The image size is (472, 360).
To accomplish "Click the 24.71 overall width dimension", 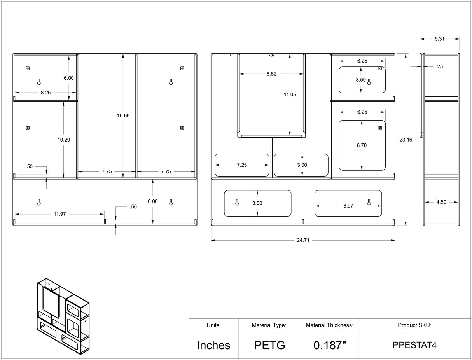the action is pyautogui.click(x=303, y=240).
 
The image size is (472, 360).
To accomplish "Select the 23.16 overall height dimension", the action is pyautogui.click(x=406, y=140).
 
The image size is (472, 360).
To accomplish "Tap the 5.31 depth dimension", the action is pyautogui.click(x=439, y=39).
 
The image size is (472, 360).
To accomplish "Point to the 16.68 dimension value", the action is pyautogui.click(x=123, y=115).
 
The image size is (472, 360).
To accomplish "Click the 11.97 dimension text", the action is pyautogui.click(x=59, y=214).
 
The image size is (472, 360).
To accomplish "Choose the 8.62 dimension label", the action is pyautogui.click(x=271, y=74).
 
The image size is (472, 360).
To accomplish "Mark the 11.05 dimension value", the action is pyautogui.click(x=290, y=94).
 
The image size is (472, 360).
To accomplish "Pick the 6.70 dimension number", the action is pyautogui.click(x=362, y=145).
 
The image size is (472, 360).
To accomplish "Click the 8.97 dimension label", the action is pyautogui.click(x=348, y=206).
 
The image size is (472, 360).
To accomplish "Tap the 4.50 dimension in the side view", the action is pyautogui.click(x=441, y=202).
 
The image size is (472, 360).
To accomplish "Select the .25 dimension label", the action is pyautogui.click(x=439, y=66).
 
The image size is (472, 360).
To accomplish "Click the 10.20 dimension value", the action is pyautogui.click(x=64, y=140).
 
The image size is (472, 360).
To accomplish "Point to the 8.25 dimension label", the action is pyautogui.click(x=45, y=93).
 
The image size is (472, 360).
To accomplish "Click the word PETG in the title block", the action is pyautogui.click(x=270, y=345).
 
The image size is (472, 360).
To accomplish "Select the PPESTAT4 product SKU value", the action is pyautogui.click(x=414, y=345).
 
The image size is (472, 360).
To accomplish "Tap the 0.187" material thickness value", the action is pyautogui.click(x=330, y=345).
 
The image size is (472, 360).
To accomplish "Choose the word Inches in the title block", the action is pyautogui.click(x=213, y=345).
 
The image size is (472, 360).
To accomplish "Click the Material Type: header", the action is pyautogui.click(x=269, y=325).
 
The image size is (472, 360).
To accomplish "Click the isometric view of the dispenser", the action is pyautogui.click(x=63, y=316).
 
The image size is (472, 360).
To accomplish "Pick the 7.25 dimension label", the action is pyautogui.click(x=242, y=165).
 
